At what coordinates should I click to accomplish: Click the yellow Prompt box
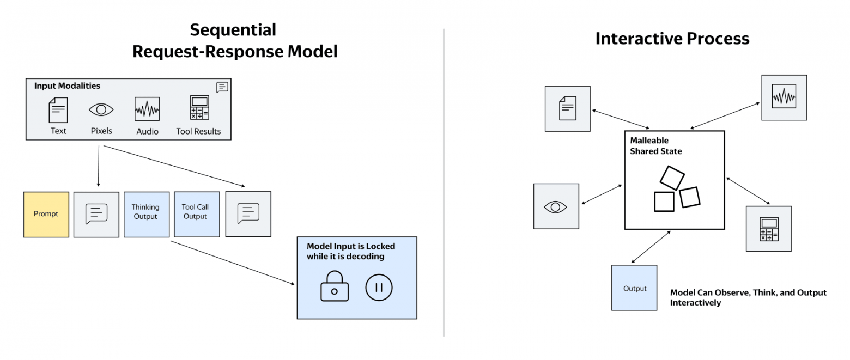(46, 215)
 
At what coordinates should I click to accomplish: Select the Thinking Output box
(147, 215)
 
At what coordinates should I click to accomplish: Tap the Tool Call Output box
(197, 215)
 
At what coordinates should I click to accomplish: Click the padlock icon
(335, 286)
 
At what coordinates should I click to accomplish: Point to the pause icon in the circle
(379, 288)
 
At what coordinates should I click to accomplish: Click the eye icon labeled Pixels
(101, 109)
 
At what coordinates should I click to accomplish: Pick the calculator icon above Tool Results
(199, 108)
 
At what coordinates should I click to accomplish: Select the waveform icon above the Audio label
(147, 109)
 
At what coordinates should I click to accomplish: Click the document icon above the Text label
(58, 110)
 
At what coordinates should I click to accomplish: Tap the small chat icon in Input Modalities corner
(222, 87)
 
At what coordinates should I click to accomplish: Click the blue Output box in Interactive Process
(634, 288)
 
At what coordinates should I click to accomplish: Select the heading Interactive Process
(672, 38)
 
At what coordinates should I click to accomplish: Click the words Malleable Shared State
(655, 145)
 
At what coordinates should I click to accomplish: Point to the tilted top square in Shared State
(672, 178)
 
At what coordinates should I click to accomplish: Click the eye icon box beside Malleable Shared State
(556, 206)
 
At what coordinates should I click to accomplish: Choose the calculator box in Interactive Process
(769, 229)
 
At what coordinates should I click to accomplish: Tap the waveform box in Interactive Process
(785, 97)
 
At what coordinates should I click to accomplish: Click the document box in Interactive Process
(568, 109)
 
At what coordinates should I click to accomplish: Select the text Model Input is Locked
(351, 246)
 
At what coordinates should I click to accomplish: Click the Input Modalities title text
(67, 86)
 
